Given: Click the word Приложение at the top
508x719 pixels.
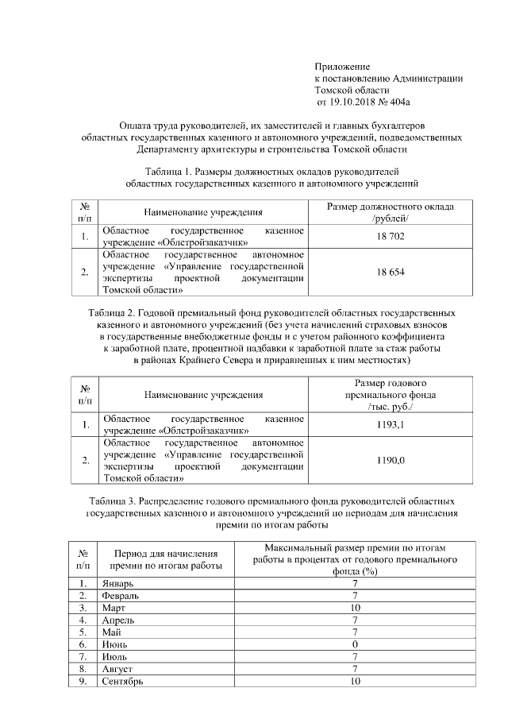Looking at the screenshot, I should coord(342,66).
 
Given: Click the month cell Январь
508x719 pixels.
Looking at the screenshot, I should coord(117,584).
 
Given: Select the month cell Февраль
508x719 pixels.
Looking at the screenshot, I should coord(120,596).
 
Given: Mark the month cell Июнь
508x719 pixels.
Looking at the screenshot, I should coord(114,644).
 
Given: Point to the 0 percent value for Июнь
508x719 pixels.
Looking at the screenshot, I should coord(355,644).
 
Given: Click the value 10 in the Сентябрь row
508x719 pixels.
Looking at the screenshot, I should coord(355,681).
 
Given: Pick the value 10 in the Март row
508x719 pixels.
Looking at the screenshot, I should coord(355,608).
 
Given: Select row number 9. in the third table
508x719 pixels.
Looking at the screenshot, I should coord(83,681).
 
